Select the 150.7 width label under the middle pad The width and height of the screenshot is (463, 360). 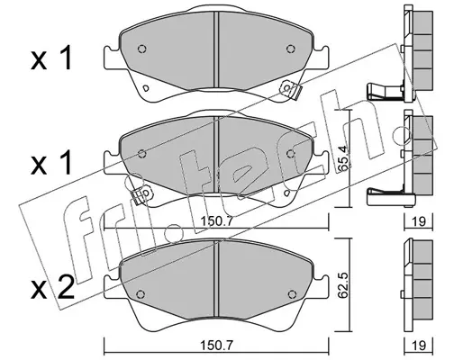coord(216,221)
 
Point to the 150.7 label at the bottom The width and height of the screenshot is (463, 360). coord(216,346)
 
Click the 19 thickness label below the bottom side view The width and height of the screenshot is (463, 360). coord(419,346)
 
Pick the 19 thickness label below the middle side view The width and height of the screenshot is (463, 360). coord(419,221)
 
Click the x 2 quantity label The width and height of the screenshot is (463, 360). coord(52,288)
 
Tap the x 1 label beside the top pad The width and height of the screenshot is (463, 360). coord(51,58)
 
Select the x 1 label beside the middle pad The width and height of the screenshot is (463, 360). coord(51,163)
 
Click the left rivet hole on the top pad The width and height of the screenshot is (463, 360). coord(142,49)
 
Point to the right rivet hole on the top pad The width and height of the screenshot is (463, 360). coord(290,49)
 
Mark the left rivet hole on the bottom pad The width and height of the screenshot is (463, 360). coord(141,294)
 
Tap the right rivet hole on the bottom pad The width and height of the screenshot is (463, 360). coord(291,294)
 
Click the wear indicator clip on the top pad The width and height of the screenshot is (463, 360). coord(290,89)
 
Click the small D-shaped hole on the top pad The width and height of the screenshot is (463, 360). coord(146,88)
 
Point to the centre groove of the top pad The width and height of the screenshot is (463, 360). coord(216,49)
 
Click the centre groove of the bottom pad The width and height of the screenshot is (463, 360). coord(216,279)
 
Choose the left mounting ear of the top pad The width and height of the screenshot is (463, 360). coord(113,58)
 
